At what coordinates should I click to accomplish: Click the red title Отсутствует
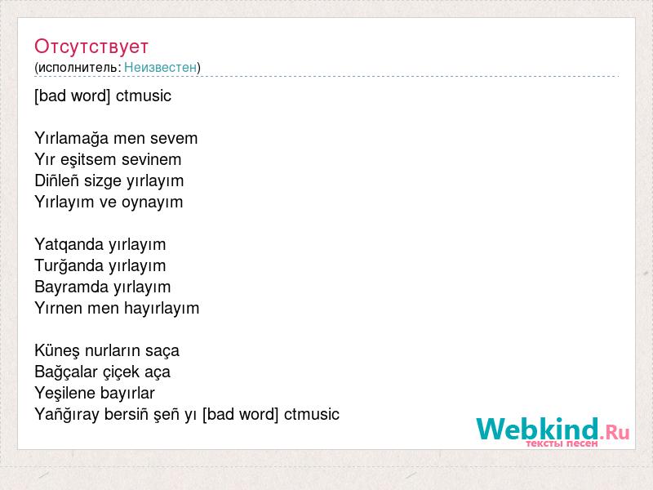point(91,47)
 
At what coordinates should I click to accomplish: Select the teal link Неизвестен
point(160,67)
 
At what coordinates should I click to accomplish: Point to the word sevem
point(174,139)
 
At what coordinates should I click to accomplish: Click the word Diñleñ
point(57,180)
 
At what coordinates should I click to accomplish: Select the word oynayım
point(153,203)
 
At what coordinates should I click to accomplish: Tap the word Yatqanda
point(69,245)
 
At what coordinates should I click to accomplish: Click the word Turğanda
point(69,266)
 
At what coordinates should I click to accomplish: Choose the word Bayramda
point(72,287)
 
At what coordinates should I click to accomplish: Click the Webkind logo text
point(538,430)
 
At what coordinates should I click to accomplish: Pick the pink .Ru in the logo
point(615,432)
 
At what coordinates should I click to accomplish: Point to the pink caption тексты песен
point(562,443)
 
